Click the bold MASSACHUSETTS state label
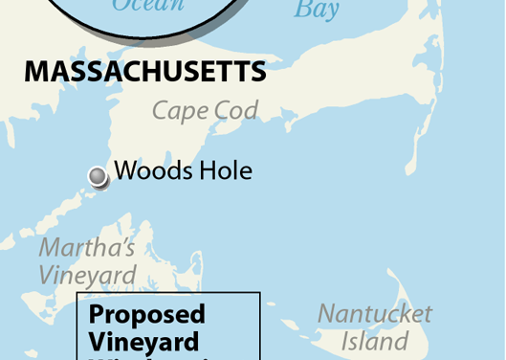click(x=144, y=72)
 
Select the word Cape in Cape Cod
click(x=180, y=111)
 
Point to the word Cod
click(x=236, y=111)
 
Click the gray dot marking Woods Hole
click(x=98, y=176)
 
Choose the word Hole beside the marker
click(x=228, y=171)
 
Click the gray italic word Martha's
click(x=86, y=248)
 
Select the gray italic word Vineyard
click(x=87, y=275)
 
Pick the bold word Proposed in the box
click(x=147, y=314)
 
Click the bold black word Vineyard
click(x=143, y=341)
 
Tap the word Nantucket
click(x=375, y=314)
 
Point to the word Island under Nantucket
click(x=376, y=341)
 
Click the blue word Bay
click(x=317, y=10)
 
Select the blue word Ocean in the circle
click(x=147, y=6)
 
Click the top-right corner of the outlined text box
click(x=260, y=294)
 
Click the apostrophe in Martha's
click(x=121, y=240)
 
